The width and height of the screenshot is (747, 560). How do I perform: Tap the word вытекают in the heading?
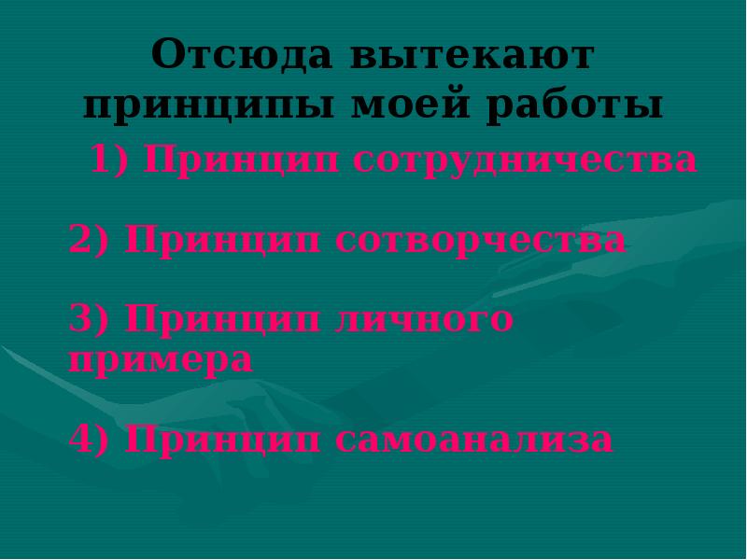click(472, 55)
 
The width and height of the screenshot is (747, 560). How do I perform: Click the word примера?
click(161, 359)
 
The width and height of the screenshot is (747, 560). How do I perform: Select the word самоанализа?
click(474, 438)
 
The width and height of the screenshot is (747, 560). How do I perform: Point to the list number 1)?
click(112, 160)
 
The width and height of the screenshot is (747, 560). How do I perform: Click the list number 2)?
click(91, 240)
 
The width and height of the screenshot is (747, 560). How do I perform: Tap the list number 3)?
click(91, 320)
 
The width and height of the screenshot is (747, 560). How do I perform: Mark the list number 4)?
click(91, 438)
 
